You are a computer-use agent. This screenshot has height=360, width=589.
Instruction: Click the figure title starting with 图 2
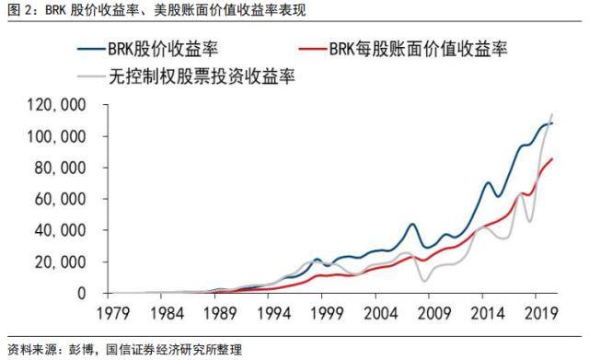pos(157,11)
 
